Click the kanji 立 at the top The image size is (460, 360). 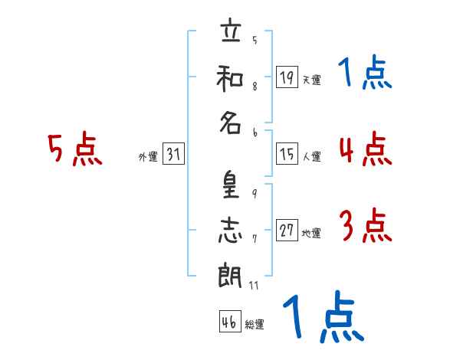(232, 30)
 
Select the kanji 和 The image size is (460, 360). (230, 78)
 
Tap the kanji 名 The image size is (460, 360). (231, 123)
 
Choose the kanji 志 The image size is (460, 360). (231, 230)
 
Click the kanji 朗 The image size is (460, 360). (230, 275)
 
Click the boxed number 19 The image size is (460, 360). (287, 77)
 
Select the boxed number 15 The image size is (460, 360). (287, 153)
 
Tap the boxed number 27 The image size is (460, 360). (287, 230)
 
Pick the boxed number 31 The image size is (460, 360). (173, 153)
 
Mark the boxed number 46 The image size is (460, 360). (230, 321)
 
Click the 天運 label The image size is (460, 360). (311, 80)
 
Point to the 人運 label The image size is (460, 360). (312, 156)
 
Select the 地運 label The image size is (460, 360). (311, 233)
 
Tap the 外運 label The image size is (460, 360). (148, 157)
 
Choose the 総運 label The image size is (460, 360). (255, 324)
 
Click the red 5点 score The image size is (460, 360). (75, 149)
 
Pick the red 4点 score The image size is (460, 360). (366, 149)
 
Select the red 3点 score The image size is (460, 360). (366, 225)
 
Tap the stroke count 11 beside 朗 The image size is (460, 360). (254, 285)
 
